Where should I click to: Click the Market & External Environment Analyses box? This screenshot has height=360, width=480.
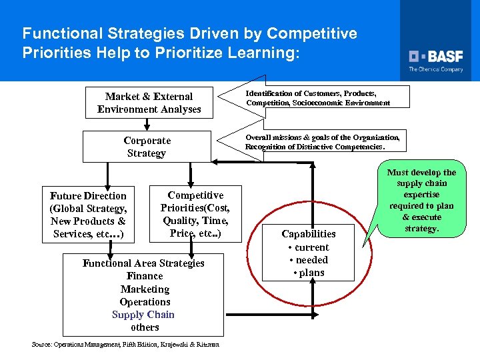point(149,103)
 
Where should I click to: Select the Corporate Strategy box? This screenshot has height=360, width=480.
point(147,147)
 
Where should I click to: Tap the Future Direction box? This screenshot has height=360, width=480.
point(88,215)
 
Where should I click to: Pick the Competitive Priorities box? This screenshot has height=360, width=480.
point(195,213)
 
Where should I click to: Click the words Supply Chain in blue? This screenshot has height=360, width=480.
point(143,315)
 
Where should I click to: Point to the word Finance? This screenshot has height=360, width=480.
point(145,276)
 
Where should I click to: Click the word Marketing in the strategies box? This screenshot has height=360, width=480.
point(145,289)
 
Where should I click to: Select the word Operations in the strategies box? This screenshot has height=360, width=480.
point(145,302)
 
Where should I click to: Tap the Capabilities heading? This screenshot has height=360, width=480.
point(309,234)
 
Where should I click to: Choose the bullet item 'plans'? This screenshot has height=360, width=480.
point(309,273)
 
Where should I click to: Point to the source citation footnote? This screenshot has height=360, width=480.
point(126,345)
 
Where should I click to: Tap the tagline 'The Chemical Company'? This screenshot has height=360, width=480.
point(436,69)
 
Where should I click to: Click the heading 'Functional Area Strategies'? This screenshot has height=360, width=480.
point(143,263)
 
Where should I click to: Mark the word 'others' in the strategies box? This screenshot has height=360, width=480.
point(145,327)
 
